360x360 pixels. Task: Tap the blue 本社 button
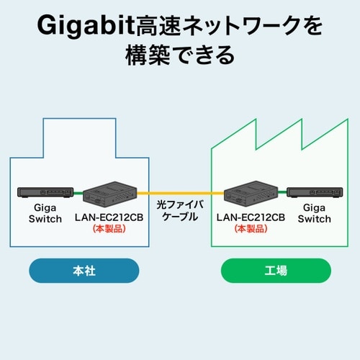pyautogui.click(x=84, y=271)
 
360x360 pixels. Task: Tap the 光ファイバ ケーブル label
pyautogui.click(x=179, y=211)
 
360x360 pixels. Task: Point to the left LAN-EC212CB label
pyautogui.click(x=109, y=217)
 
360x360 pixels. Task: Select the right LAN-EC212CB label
pyautogui.click(x=251, y=217)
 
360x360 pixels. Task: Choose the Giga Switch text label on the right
pyautogui.click(x=314, y=212)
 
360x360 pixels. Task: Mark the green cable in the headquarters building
pyautogui.click(x=78, y=194)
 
